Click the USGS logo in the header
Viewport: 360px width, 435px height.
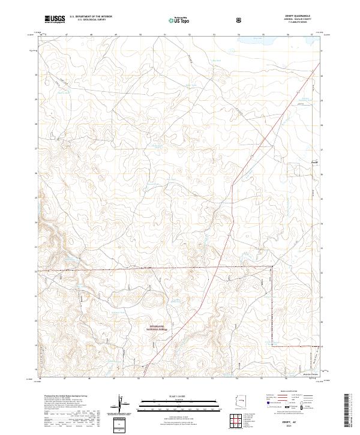(x=55, y=20)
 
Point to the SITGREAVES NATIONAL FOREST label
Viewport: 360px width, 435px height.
(x=158, y=328)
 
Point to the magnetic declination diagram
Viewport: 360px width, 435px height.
(x=124, y=405)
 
